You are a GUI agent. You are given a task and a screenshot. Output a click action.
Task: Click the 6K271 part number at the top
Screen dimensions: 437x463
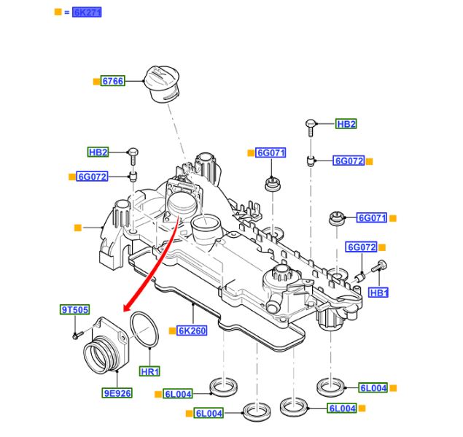coord(87,12)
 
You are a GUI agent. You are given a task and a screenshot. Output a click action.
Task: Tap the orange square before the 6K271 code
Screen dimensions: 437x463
coord(58,12)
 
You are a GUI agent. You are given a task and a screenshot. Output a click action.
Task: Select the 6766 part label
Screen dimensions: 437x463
coord(112,82)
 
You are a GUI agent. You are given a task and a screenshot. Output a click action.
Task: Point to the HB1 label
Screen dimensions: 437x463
coord(378,293)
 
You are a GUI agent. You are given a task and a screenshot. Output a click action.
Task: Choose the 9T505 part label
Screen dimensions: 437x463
coord(74,310)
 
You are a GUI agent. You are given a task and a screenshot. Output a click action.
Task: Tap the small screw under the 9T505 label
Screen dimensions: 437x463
coord(77,336)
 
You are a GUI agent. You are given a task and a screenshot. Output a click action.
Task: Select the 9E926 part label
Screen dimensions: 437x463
coord(117,393)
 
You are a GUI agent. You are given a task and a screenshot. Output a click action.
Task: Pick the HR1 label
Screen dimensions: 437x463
coord(150,371)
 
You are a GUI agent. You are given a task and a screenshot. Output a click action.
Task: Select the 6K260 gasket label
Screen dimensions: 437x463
coord(192,330)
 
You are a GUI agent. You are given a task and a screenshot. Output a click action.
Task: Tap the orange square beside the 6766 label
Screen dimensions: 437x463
coord(95,82)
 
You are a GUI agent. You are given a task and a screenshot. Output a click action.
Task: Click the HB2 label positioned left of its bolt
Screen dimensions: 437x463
coord(98,152)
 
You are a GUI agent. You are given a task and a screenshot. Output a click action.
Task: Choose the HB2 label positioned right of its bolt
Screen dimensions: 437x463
coord(346,124)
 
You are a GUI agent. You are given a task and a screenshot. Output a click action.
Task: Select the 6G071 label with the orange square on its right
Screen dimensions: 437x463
coord(371,217)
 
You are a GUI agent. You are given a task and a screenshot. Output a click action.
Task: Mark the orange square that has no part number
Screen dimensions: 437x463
coord(78,228)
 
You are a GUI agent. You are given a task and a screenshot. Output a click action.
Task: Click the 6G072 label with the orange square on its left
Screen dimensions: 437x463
coord(93,177)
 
